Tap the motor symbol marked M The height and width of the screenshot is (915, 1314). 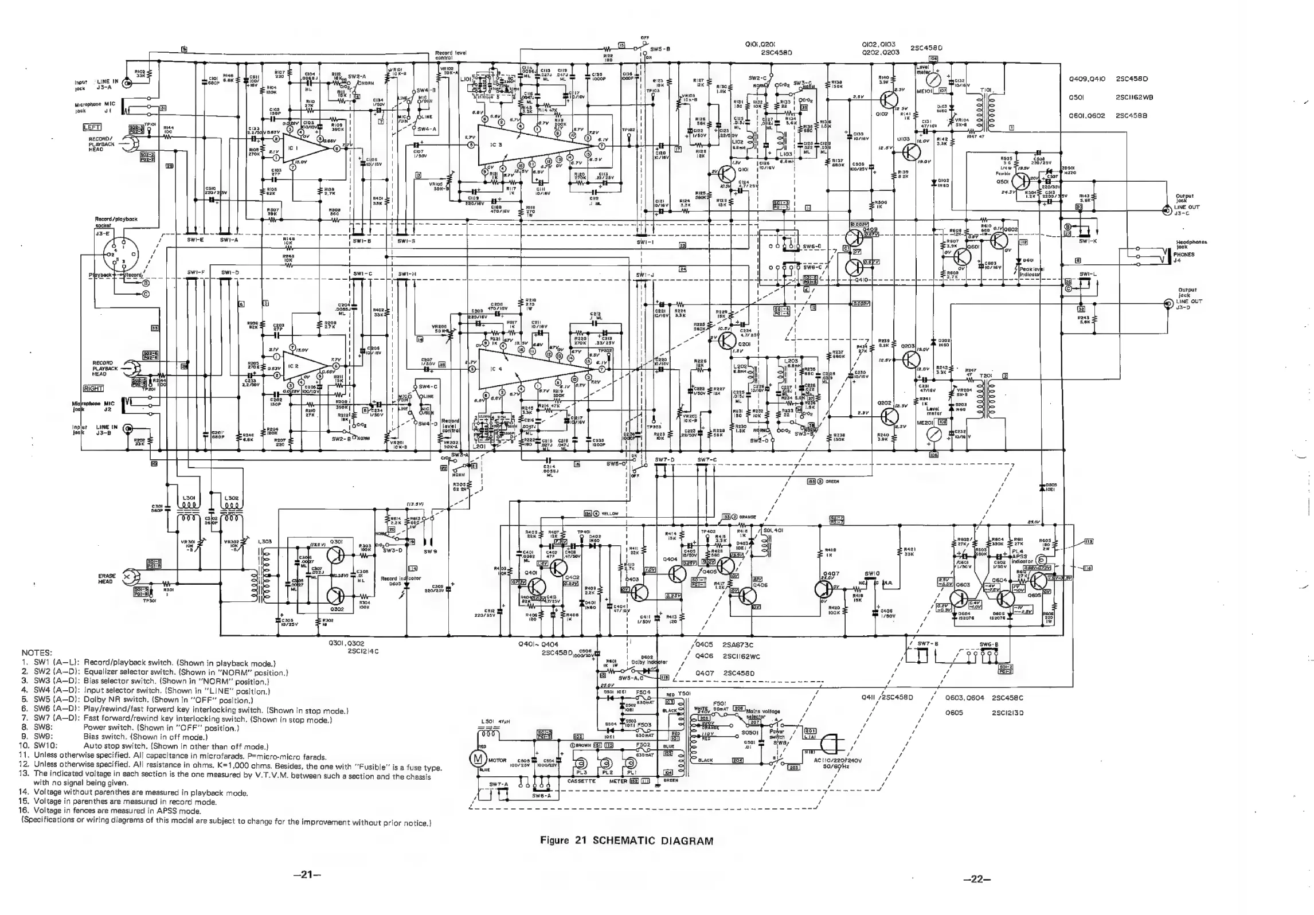[x=477, y=760]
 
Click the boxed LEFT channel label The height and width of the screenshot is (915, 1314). [x=92, y=127]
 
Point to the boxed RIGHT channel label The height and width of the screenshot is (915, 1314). [x=93, y=388]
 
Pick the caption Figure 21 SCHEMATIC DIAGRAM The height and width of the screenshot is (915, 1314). [x=627, y=840]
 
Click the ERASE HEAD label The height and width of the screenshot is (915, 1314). [x=107, y=578]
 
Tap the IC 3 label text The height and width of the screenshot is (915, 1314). [x=497, y=144]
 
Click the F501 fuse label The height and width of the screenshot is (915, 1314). [x=719, y=703]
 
